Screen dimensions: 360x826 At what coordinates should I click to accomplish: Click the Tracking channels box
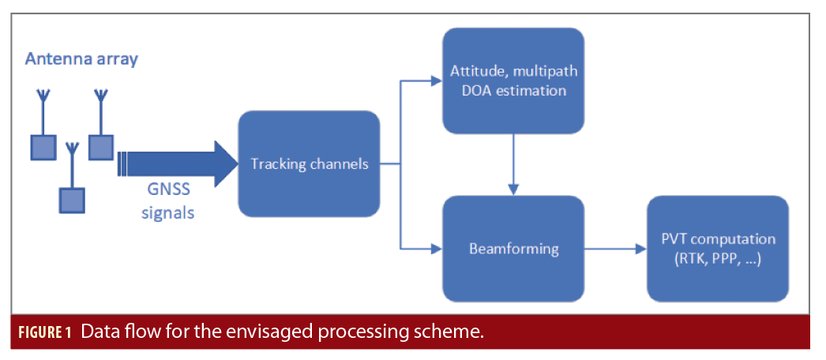[x=309, y=163]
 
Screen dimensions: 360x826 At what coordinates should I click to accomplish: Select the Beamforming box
[x=513, y=248]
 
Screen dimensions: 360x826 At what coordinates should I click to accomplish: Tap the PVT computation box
[x=717, y=248]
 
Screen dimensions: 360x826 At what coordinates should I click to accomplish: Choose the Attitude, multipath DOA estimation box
[x=513, y=81]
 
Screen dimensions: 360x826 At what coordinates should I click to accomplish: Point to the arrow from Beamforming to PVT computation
[x=615, y=249]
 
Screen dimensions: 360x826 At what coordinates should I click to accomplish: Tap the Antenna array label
[x=81, y=59]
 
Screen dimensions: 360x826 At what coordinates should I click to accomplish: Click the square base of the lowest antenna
[x=72, y=201]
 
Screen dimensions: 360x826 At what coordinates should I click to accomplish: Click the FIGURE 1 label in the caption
[x=45, y=332]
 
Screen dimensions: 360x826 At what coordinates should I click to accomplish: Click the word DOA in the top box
[x=467, y=90]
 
